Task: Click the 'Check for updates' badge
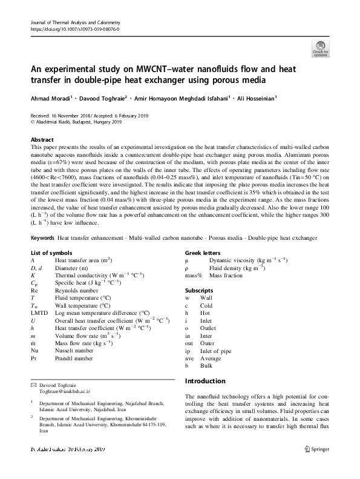tap(319, 48)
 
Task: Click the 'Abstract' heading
tap(42, 139)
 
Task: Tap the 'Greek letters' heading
tap(202, 269)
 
